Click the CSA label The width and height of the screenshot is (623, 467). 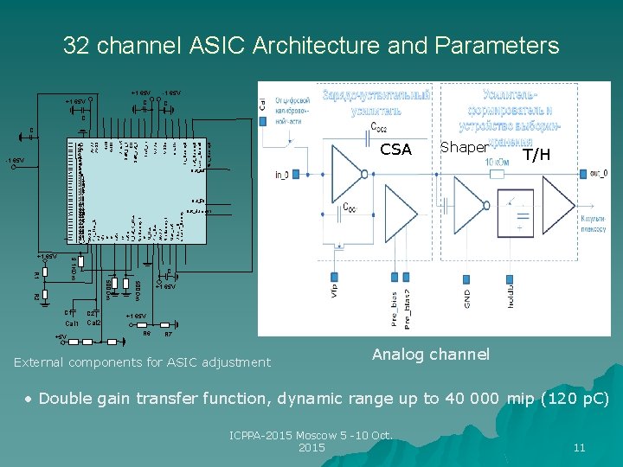(395, 150)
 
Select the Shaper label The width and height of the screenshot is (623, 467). (463, 147)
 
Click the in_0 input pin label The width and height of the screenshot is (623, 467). (281, 176)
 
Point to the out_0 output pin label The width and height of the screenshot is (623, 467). (599, 173)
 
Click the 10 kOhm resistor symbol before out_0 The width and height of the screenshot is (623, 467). (497, 174)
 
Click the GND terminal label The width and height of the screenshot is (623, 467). (467, 298)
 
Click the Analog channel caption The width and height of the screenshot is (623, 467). (430, 354)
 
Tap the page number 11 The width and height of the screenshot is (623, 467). (579, 447)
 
